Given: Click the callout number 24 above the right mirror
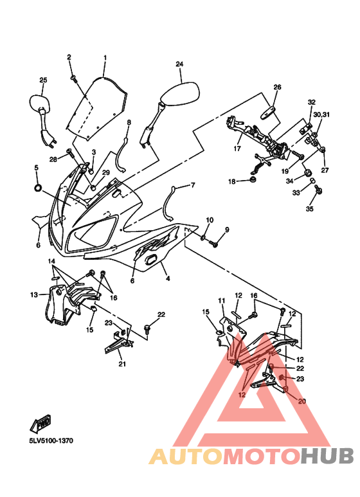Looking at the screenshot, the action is click(x=179, y=64).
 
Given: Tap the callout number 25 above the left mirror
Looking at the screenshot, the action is click(x=43, y=80).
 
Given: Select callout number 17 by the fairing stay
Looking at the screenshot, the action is click(x=237, y=149).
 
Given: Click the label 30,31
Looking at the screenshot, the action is click(x=321, y=114).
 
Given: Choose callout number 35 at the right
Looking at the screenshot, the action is click(x=309, y=209).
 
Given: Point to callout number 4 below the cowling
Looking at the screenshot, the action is click(x=168, y=278).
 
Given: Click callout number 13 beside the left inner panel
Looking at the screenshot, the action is click(x=34, y=294).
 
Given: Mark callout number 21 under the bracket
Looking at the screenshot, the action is click(x=122, y=364).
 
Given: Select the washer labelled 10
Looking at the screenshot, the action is click(x=203, y=237).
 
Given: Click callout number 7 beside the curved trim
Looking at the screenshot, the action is click(x=193, y=185).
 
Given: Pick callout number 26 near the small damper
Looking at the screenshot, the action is click(x=277, y=87).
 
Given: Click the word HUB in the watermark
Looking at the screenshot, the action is click(x=327, y=456).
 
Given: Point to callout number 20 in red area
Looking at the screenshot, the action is click(x=302, y=401).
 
